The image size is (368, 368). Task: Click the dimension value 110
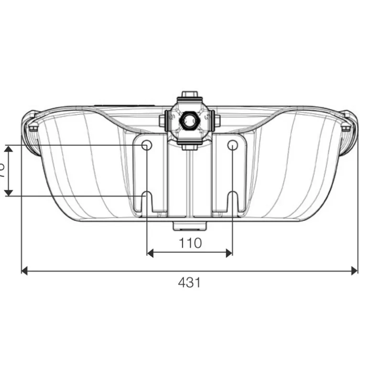coord(190,243)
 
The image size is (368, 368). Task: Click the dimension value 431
coord(189,282)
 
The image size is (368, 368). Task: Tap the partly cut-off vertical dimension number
coord(2,170)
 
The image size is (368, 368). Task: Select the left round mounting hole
coord(147,145)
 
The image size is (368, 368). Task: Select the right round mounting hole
coord(232,145)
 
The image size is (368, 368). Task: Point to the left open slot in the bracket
coord(147,201)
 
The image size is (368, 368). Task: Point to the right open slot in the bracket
coord(232,201)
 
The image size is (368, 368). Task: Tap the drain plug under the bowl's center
coord(189,224)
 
